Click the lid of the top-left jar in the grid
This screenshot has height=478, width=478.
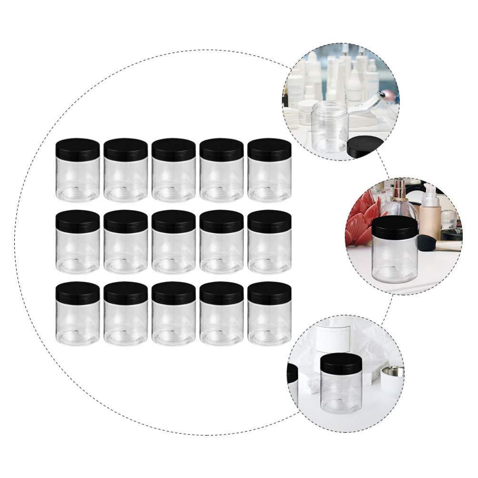(78, 149)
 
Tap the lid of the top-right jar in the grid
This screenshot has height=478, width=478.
(269, 149)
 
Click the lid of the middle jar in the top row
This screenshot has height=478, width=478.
(174, 149)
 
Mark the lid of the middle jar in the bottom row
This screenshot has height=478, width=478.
(174, 293)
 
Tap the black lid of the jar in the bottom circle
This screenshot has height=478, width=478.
(341, 364)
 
